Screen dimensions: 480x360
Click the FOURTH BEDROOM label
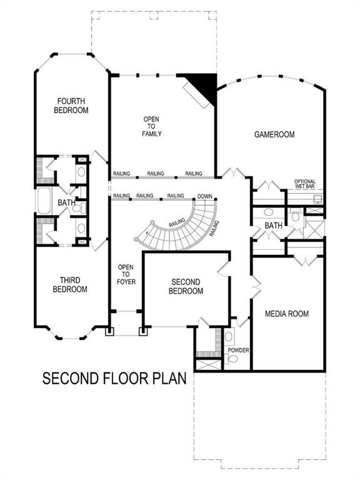[72, 105]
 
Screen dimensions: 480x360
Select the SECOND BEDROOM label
[186, 287]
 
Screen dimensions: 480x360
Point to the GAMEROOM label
[274, 134]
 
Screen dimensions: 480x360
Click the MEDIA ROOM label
[286, 314]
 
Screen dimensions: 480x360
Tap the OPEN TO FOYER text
[126, 274]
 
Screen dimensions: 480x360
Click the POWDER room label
[238, 351]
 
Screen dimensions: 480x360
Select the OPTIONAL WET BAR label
[305, 184]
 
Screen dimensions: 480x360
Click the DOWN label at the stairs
[204, 196]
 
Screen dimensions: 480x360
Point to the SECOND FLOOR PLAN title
[114, 379]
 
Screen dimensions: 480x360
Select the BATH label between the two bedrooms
[66, 203]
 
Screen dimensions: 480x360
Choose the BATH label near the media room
[273, 225]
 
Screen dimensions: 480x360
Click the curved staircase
[181, 226]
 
